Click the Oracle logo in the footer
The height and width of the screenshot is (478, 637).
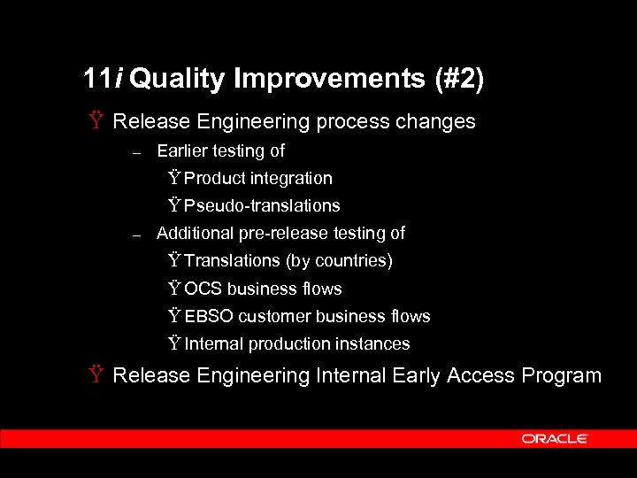click(x=555, y=438)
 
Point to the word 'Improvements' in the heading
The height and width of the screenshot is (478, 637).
click(x=329, y=80)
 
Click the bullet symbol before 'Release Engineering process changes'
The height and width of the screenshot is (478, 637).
click(x=95, y=121)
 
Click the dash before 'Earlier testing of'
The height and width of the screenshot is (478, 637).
click(x=135, y=152)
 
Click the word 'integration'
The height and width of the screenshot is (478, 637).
click(x=291, y=179)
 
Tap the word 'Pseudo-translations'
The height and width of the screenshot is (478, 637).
click(x=262, y=206)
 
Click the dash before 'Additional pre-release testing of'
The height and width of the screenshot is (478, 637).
click(x=135, y=235)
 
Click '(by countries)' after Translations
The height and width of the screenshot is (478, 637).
click(x=339, y=261)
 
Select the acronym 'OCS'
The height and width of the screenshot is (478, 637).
click(x=203, y=289)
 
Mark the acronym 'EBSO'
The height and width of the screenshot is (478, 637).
click(x=209, y=317)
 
